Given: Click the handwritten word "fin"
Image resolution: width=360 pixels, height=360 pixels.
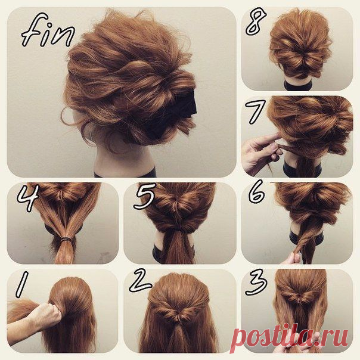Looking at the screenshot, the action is (48, 30).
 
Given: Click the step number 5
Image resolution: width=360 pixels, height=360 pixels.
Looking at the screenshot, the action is (145, 196).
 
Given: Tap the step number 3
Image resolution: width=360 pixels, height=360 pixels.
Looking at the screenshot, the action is (256, 282).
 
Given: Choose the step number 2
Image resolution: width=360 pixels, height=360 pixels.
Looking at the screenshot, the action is (140, 281).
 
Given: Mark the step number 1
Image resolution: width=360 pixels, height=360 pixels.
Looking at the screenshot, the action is (22, 284).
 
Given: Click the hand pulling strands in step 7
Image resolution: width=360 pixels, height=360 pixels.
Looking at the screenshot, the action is (262, 151).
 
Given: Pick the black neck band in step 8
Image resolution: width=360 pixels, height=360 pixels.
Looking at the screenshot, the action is (298, 85).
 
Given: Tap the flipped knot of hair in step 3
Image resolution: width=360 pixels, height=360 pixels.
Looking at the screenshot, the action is (299, 297).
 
